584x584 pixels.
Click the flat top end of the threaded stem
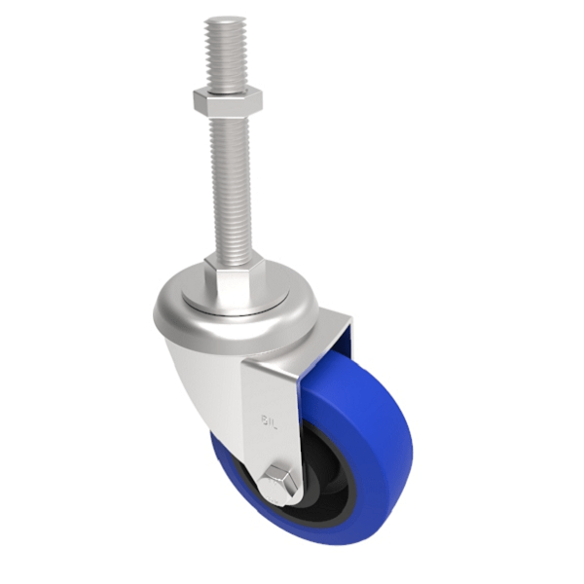click(x=226, y=20)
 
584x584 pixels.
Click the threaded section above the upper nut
click(x=225, y=54)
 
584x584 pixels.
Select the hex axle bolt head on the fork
click(x=278, y=483)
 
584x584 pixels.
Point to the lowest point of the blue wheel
click(x=321, y=541)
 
